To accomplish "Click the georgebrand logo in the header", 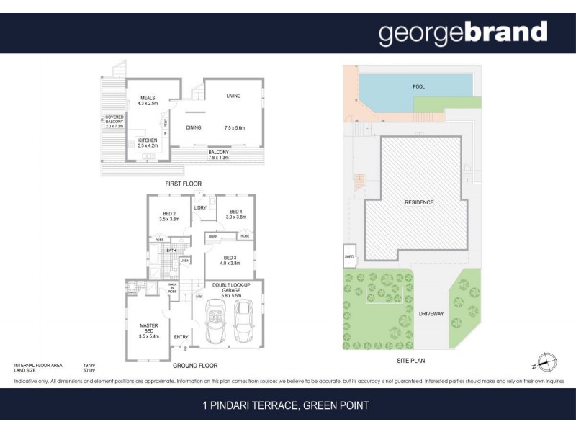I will pyautogui.click(x=463, y=33).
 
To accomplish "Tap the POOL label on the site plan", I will pyautogui.click(x=418, y=86).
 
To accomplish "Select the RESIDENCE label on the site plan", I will pyautogui.click(x=418, y=202).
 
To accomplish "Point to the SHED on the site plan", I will pyautogui.click(x=349, y=256).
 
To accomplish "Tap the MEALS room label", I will pyautogui.click(x=148, y=98).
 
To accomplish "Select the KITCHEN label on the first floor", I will pyautogui.click(x=148, y=140).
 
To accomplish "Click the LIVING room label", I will pyautogui.click(x=233, y=96).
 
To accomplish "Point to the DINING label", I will pyautogui.click(x=193, y=127).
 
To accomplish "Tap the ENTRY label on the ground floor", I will pyautogui.click(x=181, y=336).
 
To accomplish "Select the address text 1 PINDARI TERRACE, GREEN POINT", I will pyautogui.click(x=286, y=405).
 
